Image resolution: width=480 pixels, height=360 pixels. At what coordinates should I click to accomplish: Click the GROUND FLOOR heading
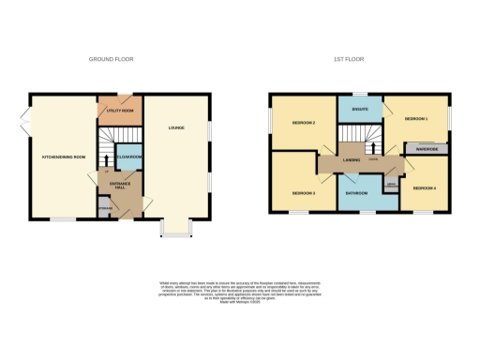point(112,59)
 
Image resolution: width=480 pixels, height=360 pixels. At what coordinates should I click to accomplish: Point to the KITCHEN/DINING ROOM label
point(64,157)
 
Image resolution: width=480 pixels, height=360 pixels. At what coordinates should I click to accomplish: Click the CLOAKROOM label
point(130,157)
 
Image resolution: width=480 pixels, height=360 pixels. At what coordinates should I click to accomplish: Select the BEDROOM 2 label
point(302,124)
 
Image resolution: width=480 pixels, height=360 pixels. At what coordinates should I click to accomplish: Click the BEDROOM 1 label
point(415,120)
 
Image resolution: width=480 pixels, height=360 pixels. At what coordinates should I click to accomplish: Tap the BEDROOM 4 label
point(424,187)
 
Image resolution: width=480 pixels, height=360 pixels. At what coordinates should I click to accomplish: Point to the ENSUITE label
point(360,110)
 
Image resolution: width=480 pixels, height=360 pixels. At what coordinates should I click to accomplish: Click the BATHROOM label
point(356,193)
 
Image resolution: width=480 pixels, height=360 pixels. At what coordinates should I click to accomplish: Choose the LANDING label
point(352,161)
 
